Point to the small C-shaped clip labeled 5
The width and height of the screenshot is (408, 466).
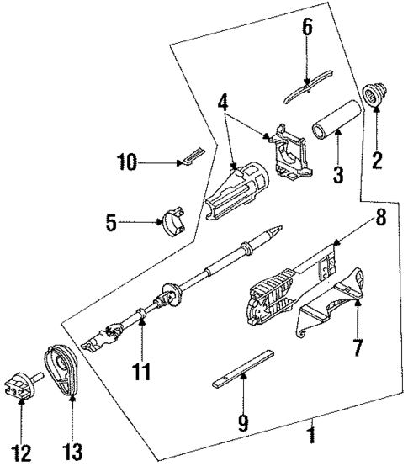tap(172, 222)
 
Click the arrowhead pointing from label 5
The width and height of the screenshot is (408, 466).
tap(160, 223)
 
